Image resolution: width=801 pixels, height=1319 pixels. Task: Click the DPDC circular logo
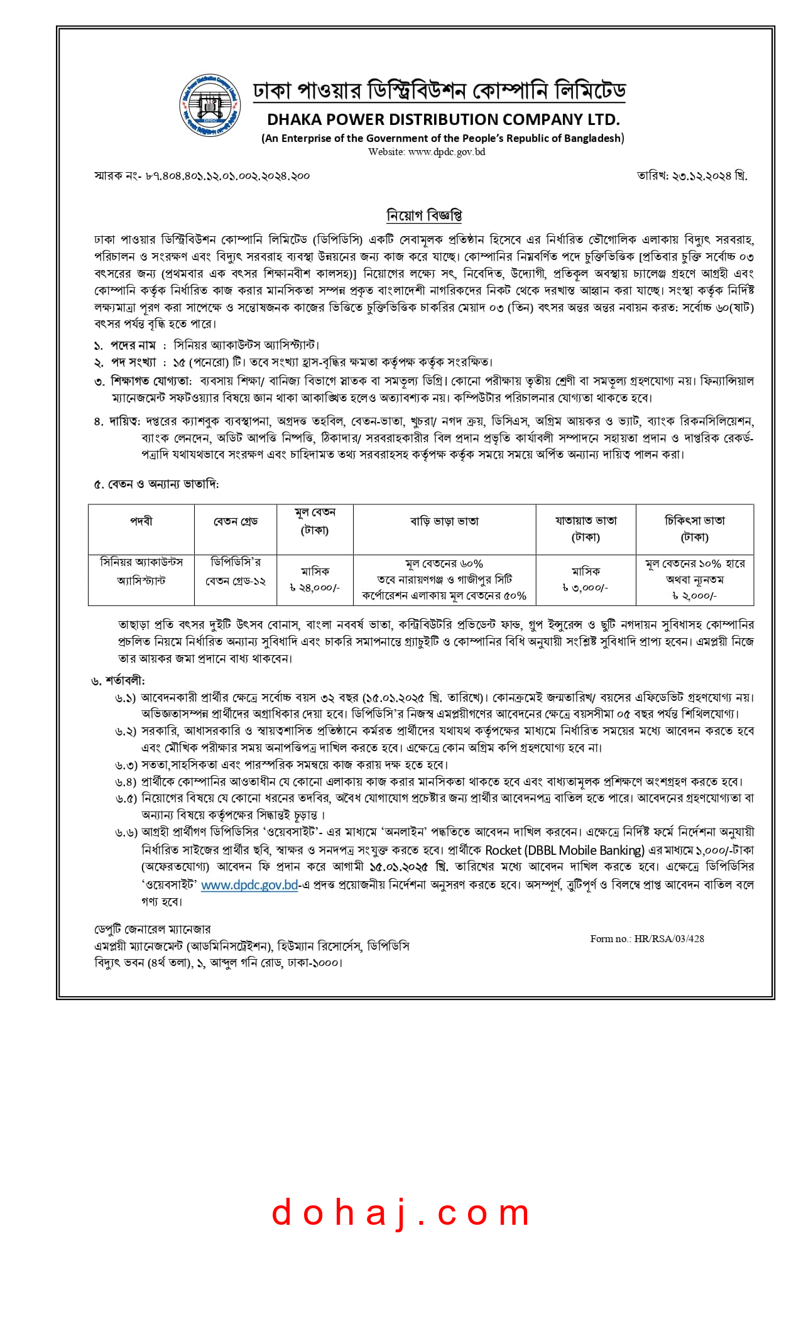[x=210, y=106]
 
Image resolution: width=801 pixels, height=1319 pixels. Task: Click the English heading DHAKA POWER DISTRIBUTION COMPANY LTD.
[x=443, y=119]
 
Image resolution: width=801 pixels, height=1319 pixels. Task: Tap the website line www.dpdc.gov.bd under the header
[x=427, y=151]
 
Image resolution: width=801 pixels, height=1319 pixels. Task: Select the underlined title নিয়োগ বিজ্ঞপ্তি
[x=424, y=215]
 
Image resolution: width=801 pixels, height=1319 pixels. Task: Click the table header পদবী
[x=141, y=521]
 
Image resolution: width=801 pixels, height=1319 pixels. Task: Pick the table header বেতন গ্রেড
[x=236, y=521]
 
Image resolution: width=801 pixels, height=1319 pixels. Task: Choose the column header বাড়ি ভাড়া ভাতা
[x=444, y=521]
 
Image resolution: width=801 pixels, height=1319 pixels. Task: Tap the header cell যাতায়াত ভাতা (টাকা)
[x=586, y=529]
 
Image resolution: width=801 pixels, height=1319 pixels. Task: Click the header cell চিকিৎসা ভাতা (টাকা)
[x=695, y=529]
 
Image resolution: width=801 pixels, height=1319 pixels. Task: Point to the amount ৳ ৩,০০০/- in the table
[x=585, y=588]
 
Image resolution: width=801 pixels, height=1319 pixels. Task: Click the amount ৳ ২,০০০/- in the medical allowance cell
[x=694, y=595]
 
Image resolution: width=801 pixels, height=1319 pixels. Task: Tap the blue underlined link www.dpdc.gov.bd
[x=249, y=885]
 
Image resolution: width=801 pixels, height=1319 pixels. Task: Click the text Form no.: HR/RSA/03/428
[x=646, y=939]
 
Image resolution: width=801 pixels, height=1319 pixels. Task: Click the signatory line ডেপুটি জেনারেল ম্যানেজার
[x=153, y=929]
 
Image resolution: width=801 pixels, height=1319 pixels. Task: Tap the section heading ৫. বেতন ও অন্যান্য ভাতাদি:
[x=156, y=484]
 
